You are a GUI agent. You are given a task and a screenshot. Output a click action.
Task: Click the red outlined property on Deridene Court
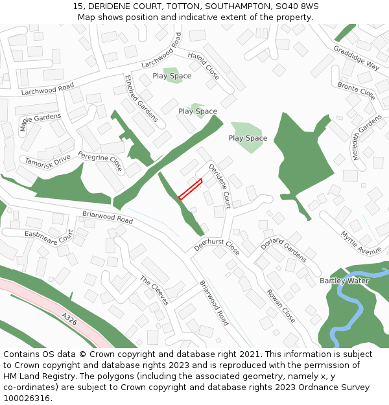[x=191, y=189]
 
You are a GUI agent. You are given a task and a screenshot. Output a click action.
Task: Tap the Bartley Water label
[x=344, y=281]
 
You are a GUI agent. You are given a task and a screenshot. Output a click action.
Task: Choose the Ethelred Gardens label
[x=141, y=98]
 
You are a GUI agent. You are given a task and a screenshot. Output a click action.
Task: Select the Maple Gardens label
[x=40, y=121]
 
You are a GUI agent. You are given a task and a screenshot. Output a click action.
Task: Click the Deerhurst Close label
[x=217, y=242]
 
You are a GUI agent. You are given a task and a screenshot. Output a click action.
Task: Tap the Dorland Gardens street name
[x=283, y=248]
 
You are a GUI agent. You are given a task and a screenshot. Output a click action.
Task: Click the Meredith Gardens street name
[x=367, y=137]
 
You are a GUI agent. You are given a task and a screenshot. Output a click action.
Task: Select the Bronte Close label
[x=356, y=91]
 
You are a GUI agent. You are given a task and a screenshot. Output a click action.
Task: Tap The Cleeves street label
[x=154, y=290]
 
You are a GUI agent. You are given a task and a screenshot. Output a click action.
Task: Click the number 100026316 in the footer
[x=27, y=398]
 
